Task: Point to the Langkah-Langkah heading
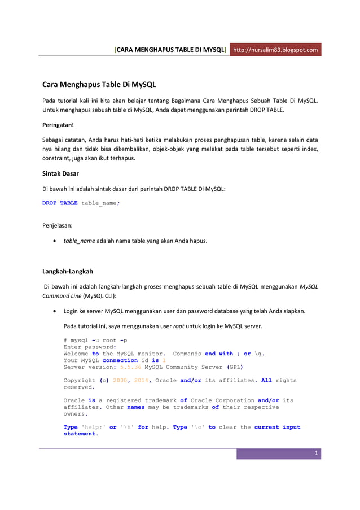click(x=68, y=271)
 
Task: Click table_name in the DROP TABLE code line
click(x=99, y=203)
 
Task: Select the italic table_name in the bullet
click(x=79, y=241)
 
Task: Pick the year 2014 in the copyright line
click(x=141, y=381)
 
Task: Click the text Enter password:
click(x=90, y=347)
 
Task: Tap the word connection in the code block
click(x=120, y=360)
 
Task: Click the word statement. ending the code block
click(x=81, y=434)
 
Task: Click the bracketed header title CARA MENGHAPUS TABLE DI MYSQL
click(x=171, y=50)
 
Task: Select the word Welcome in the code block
click(x=76, y=354)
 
